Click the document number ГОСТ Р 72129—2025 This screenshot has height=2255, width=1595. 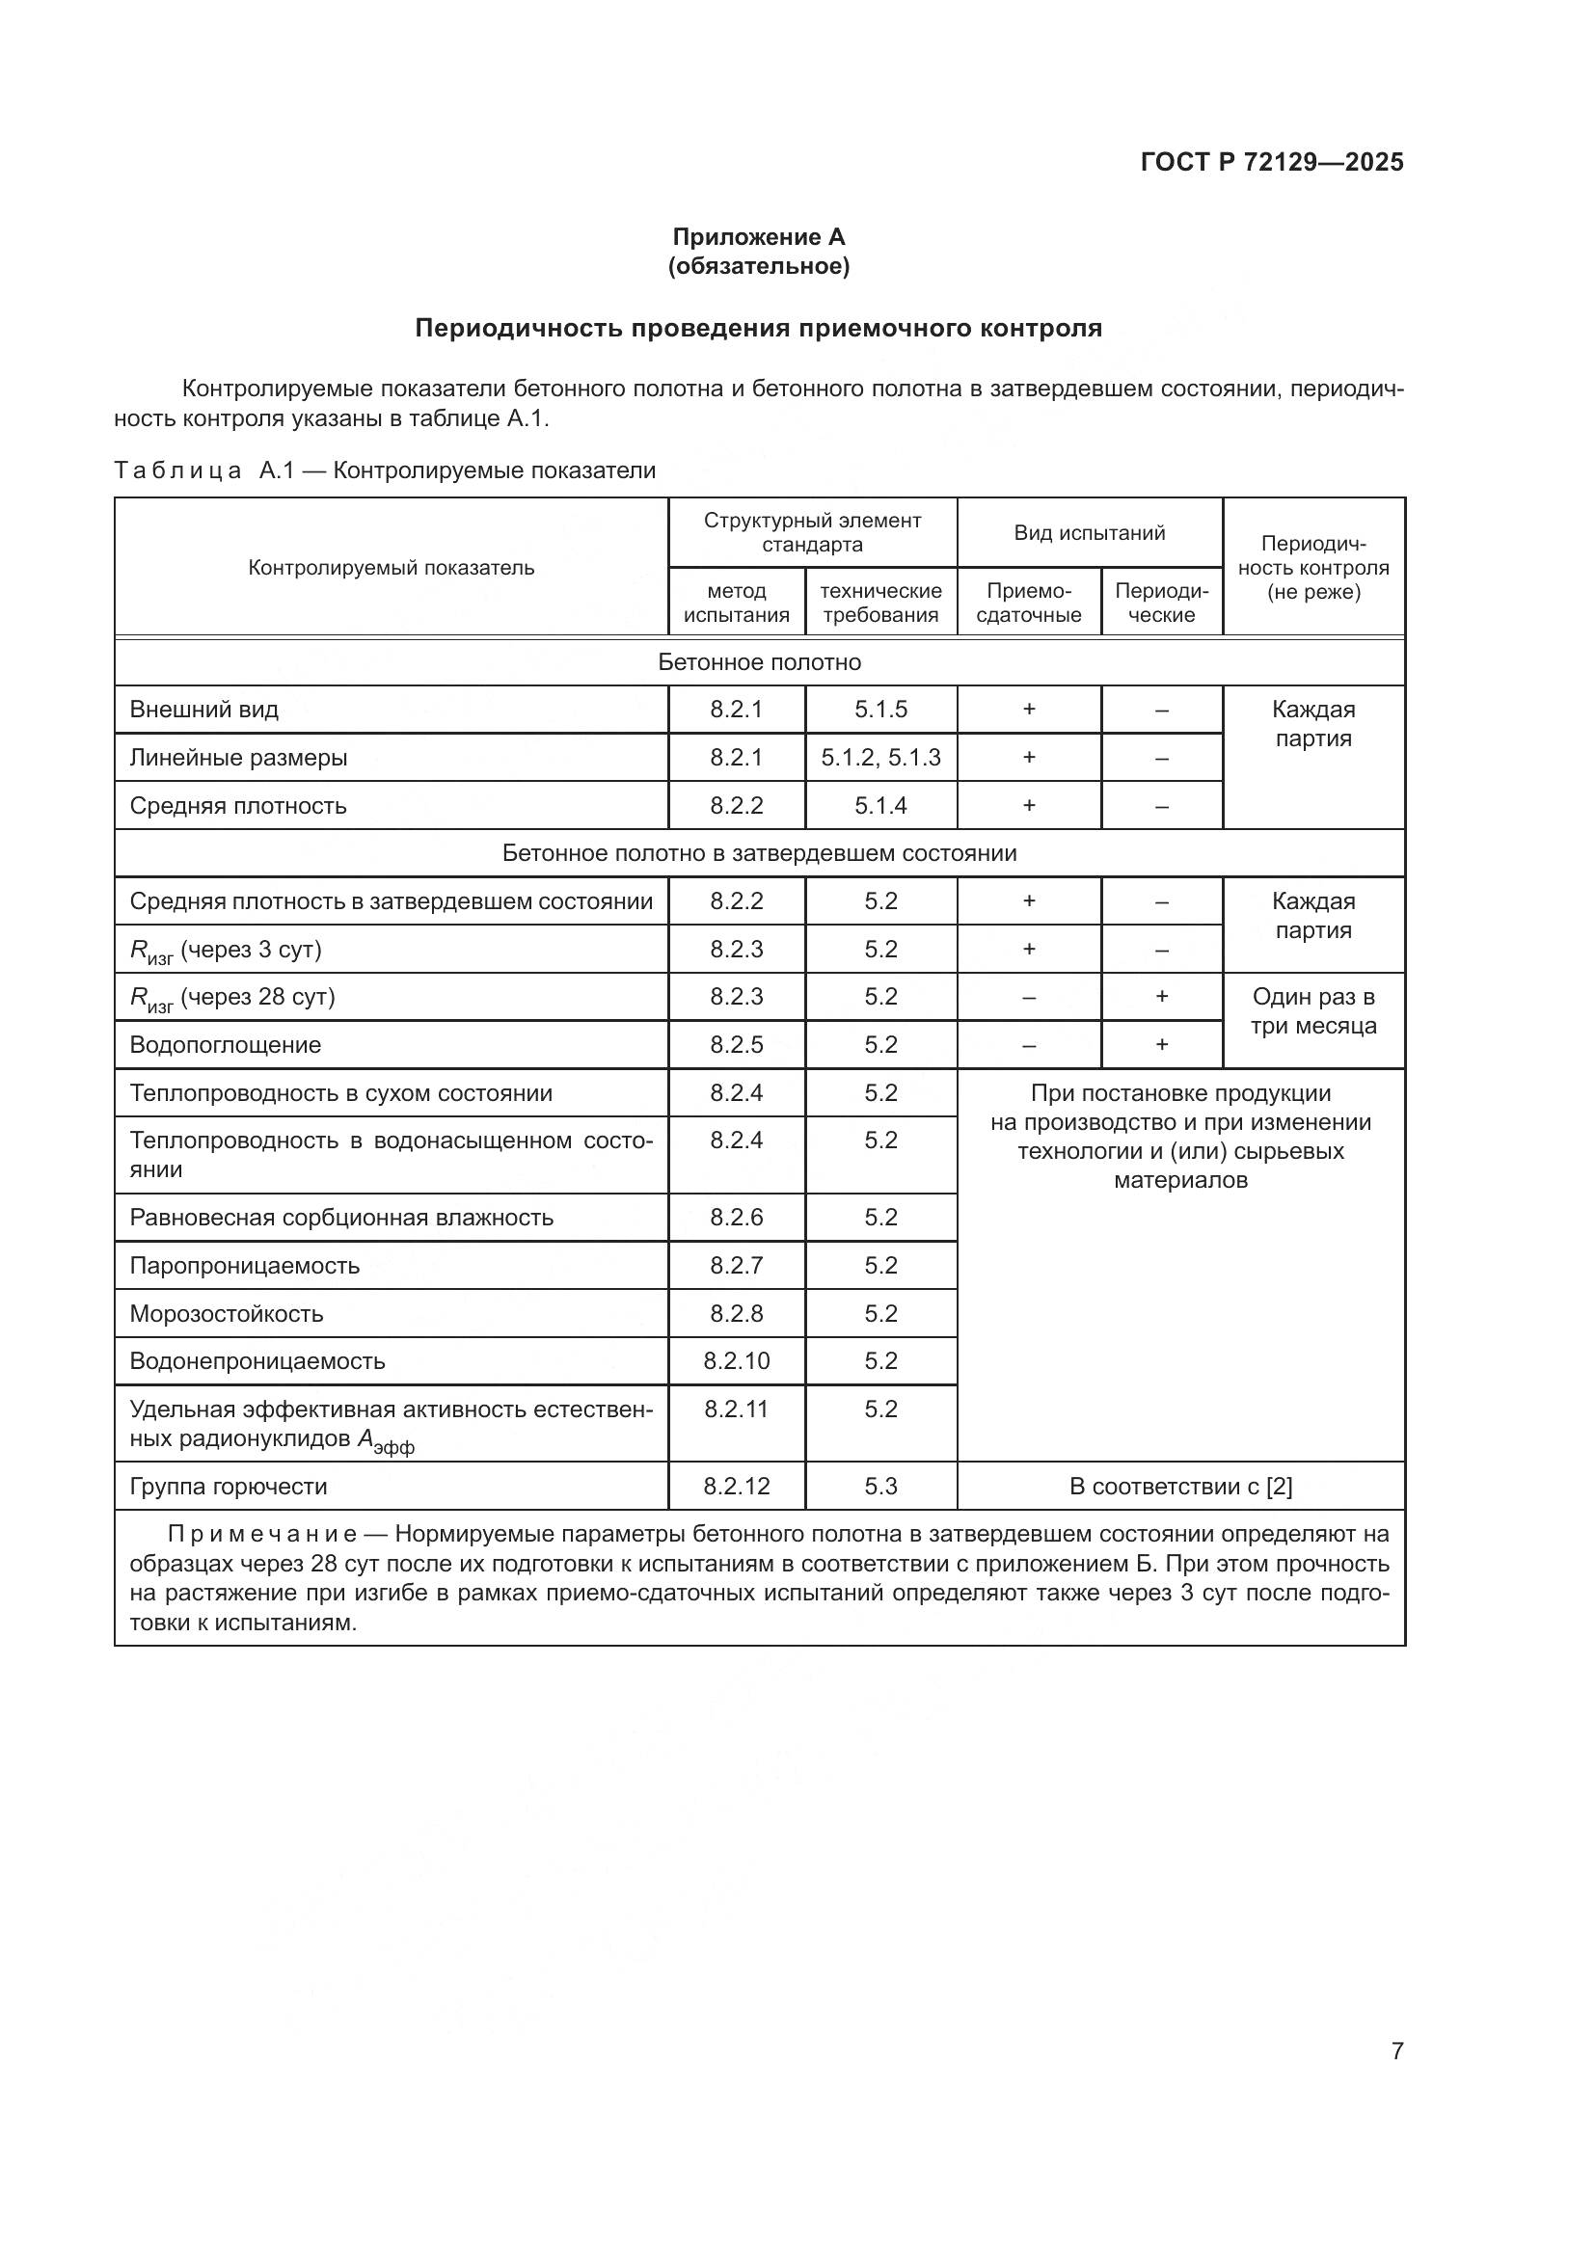[1272, 162]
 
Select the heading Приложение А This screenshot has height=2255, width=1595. [758, 237]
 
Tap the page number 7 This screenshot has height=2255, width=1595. [1396, 2051]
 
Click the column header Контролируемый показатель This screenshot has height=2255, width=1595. [391, 568]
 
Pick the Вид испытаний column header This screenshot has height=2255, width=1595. [1089, 533]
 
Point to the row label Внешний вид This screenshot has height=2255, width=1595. [204, 710]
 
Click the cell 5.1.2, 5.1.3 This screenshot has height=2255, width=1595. [881, 757]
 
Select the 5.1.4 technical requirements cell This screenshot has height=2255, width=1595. [881, 805]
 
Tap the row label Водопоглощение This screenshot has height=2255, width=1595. [226, 1045]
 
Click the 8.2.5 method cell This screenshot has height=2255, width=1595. [737, 1045]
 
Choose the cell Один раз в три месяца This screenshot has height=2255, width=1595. [1313, 1011]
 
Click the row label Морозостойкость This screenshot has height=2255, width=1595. [227, 1314]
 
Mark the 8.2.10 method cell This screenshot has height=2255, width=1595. [737, 1361]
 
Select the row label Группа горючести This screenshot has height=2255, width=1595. [229, 1487]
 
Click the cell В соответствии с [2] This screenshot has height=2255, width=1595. [1180, 1487]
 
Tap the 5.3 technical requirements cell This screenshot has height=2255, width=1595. [881, 1487]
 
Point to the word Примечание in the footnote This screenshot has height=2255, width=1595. [262, 1534]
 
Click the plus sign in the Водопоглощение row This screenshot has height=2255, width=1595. [1162, 1045]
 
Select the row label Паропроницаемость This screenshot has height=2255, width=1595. [245, 1266]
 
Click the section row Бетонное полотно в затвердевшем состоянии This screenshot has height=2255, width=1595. [759, 853]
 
